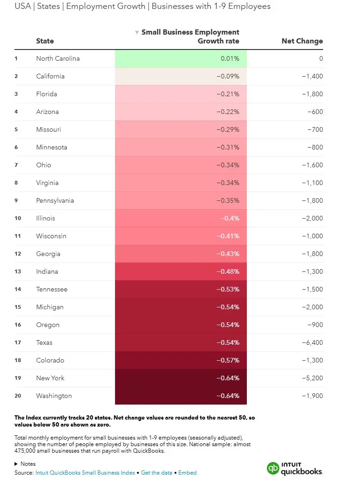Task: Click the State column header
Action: point(45,41)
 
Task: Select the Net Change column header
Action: point(302,41)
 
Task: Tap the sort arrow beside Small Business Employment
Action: point(137,32)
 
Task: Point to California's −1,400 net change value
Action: point(312,76)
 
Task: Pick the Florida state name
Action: point(47,94)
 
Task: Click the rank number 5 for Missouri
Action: point(16,129)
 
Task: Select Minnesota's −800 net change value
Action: point(314,147)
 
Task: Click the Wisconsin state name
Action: point(51,236)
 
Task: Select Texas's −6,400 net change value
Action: point(312,342)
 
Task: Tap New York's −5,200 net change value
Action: point(312,378)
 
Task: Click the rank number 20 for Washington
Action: point(17,396)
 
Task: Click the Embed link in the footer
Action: point(187,473)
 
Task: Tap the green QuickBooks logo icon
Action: point(273,469)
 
